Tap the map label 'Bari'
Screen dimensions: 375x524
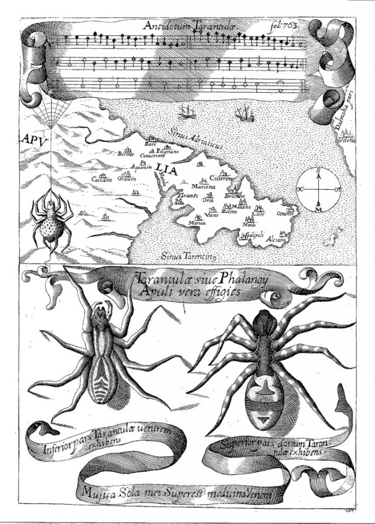(x=151, y=144)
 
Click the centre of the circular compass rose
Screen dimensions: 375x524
(x=319, y=190)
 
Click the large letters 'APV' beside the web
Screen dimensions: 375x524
(x=34, y=141)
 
